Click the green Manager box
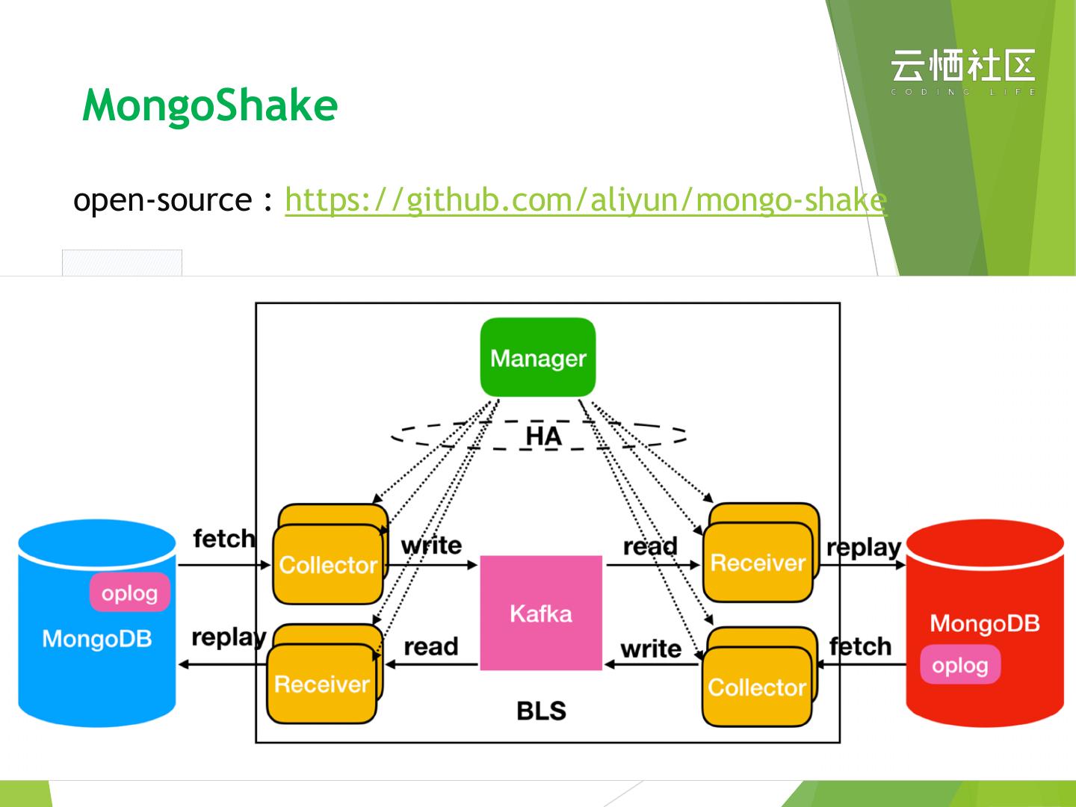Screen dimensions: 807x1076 click(538, 357)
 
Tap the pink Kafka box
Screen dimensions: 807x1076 click(540, 613)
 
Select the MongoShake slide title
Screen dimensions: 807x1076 click(210, 105)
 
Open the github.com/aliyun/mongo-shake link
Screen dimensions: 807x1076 click(586, 200)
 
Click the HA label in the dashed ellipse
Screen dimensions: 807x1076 click(543, 436)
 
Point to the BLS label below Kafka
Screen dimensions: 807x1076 click(541, 711)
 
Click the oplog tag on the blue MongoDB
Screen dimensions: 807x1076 click(130, 593)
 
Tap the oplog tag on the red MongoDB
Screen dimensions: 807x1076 click(959, 665)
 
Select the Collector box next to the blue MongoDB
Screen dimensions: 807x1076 click(327, 565)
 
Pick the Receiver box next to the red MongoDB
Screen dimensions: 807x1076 click(758, 563)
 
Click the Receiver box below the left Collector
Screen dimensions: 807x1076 click(321, 684)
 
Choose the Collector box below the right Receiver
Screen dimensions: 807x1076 click(757, 687)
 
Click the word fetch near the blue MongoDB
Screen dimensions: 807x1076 click(223, 539)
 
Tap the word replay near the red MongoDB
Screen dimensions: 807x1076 click(864, 548)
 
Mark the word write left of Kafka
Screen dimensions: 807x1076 click(431, 545)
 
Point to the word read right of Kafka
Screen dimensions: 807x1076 click(650, 546)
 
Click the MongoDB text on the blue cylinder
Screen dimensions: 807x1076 click(97, 639)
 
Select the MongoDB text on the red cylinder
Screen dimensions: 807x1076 click(984, 623)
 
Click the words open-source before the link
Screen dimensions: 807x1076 click(162, 200)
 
